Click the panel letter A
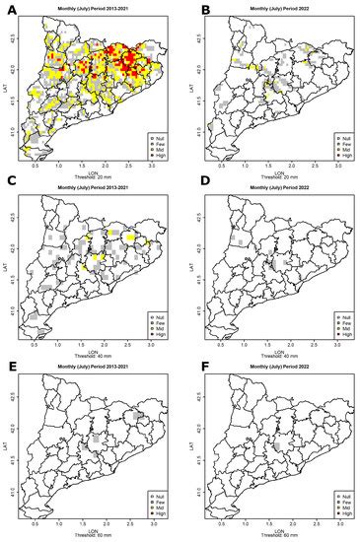9,10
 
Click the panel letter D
192,190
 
